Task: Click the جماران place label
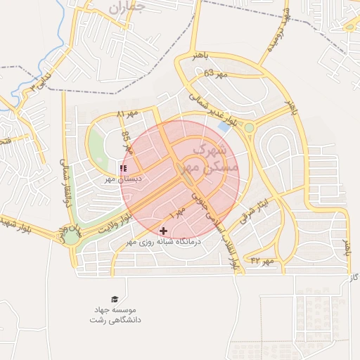127,8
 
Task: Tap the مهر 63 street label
215,73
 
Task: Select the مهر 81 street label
128,114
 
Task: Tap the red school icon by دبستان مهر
124,169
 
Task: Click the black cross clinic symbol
164,231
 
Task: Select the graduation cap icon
115,299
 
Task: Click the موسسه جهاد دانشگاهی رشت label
115,314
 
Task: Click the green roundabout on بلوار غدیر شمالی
249,127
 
